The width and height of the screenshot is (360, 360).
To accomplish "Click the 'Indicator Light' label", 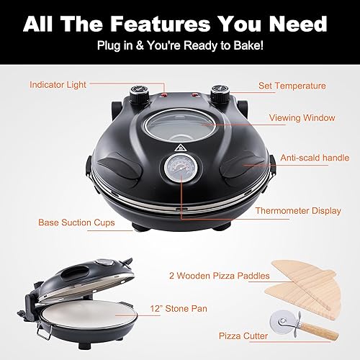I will (x=58, y=85).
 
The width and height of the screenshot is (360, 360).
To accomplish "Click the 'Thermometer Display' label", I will (x=298, y=212).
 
